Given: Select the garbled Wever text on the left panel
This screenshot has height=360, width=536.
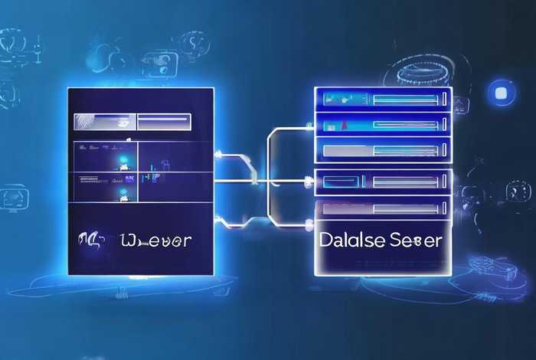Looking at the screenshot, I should (x=156, y=240).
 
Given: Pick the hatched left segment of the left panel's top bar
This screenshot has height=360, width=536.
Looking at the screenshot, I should (x=104, y=120).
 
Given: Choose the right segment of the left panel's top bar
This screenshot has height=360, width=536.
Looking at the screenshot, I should (x=162, y=120).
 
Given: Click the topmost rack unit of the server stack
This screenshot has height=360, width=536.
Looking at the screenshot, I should (x=383, y=98).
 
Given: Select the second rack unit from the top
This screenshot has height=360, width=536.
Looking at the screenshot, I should (x=383, y=125).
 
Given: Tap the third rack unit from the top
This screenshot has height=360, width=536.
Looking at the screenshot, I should (x=383, y=151).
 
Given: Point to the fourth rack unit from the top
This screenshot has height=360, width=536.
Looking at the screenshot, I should (x=383, y=182).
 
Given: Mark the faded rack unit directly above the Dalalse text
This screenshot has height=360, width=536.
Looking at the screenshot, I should (x=383, y=208).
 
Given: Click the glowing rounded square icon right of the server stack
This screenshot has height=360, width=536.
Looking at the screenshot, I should (x=503, y=92).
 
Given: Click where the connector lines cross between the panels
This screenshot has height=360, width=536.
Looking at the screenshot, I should (x=267, y=182).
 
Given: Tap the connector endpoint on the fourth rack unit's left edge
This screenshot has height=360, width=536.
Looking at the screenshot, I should (x=316, y=182).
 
